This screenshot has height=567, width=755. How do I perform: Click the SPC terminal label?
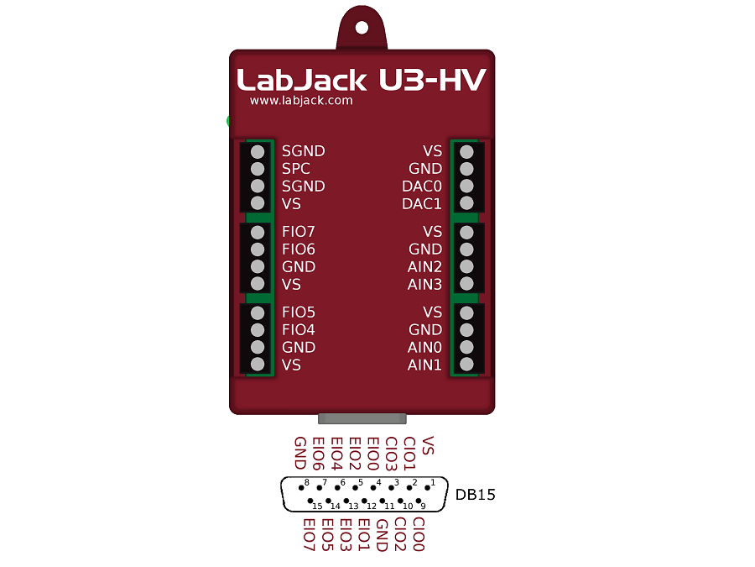click(296, 169)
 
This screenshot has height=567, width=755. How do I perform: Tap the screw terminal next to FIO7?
click(258, 232)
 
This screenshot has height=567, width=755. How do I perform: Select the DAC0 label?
click(422, 186)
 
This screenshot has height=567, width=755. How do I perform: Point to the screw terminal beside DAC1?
click(467, 204)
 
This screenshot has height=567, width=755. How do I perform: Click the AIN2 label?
click(424, 267)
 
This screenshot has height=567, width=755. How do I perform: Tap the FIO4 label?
click(299, 330)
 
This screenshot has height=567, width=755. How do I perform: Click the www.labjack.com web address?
click(301, 101)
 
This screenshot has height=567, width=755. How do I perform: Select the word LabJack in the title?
click(302, 80)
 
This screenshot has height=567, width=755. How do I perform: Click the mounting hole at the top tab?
click(362, 27)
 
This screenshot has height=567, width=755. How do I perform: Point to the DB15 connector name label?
click(476, 495)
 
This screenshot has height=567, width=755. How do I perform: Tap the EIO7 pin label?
click(308, 535)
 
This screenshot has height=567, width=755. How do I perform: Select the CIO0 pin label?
click(419, 535)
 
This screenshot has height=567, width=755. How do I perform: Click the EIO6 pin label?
click(318, 454)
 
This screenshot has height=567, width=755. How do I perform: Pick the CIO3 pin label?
click(391, 454)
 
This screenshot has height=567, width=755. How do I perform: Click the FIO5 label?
click(299, 312)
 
